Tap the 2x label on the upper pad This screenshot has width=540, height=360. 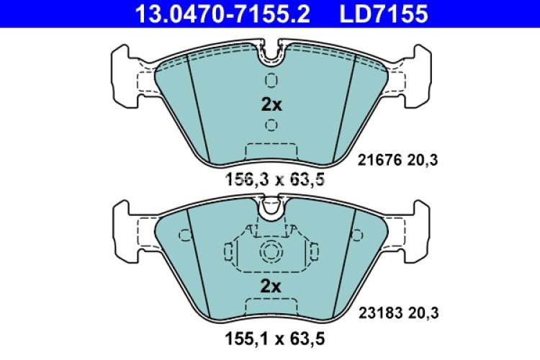point(271,104)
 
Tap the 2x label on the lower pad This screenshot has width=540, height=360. point(271,287)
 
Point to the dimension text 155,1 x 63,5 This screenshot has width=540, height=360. point(270,336)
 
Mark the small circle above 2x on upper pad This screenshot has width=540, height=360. point(271,79)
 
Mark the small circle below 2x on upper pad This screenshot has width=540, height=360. point(271,126)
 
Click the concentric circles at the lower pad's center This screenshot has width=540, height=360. point(271,252)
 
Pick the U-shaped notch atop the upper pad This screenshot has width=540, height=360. point(271,53)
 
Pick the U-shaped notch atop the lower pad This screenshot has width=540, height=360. point(271,209)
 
